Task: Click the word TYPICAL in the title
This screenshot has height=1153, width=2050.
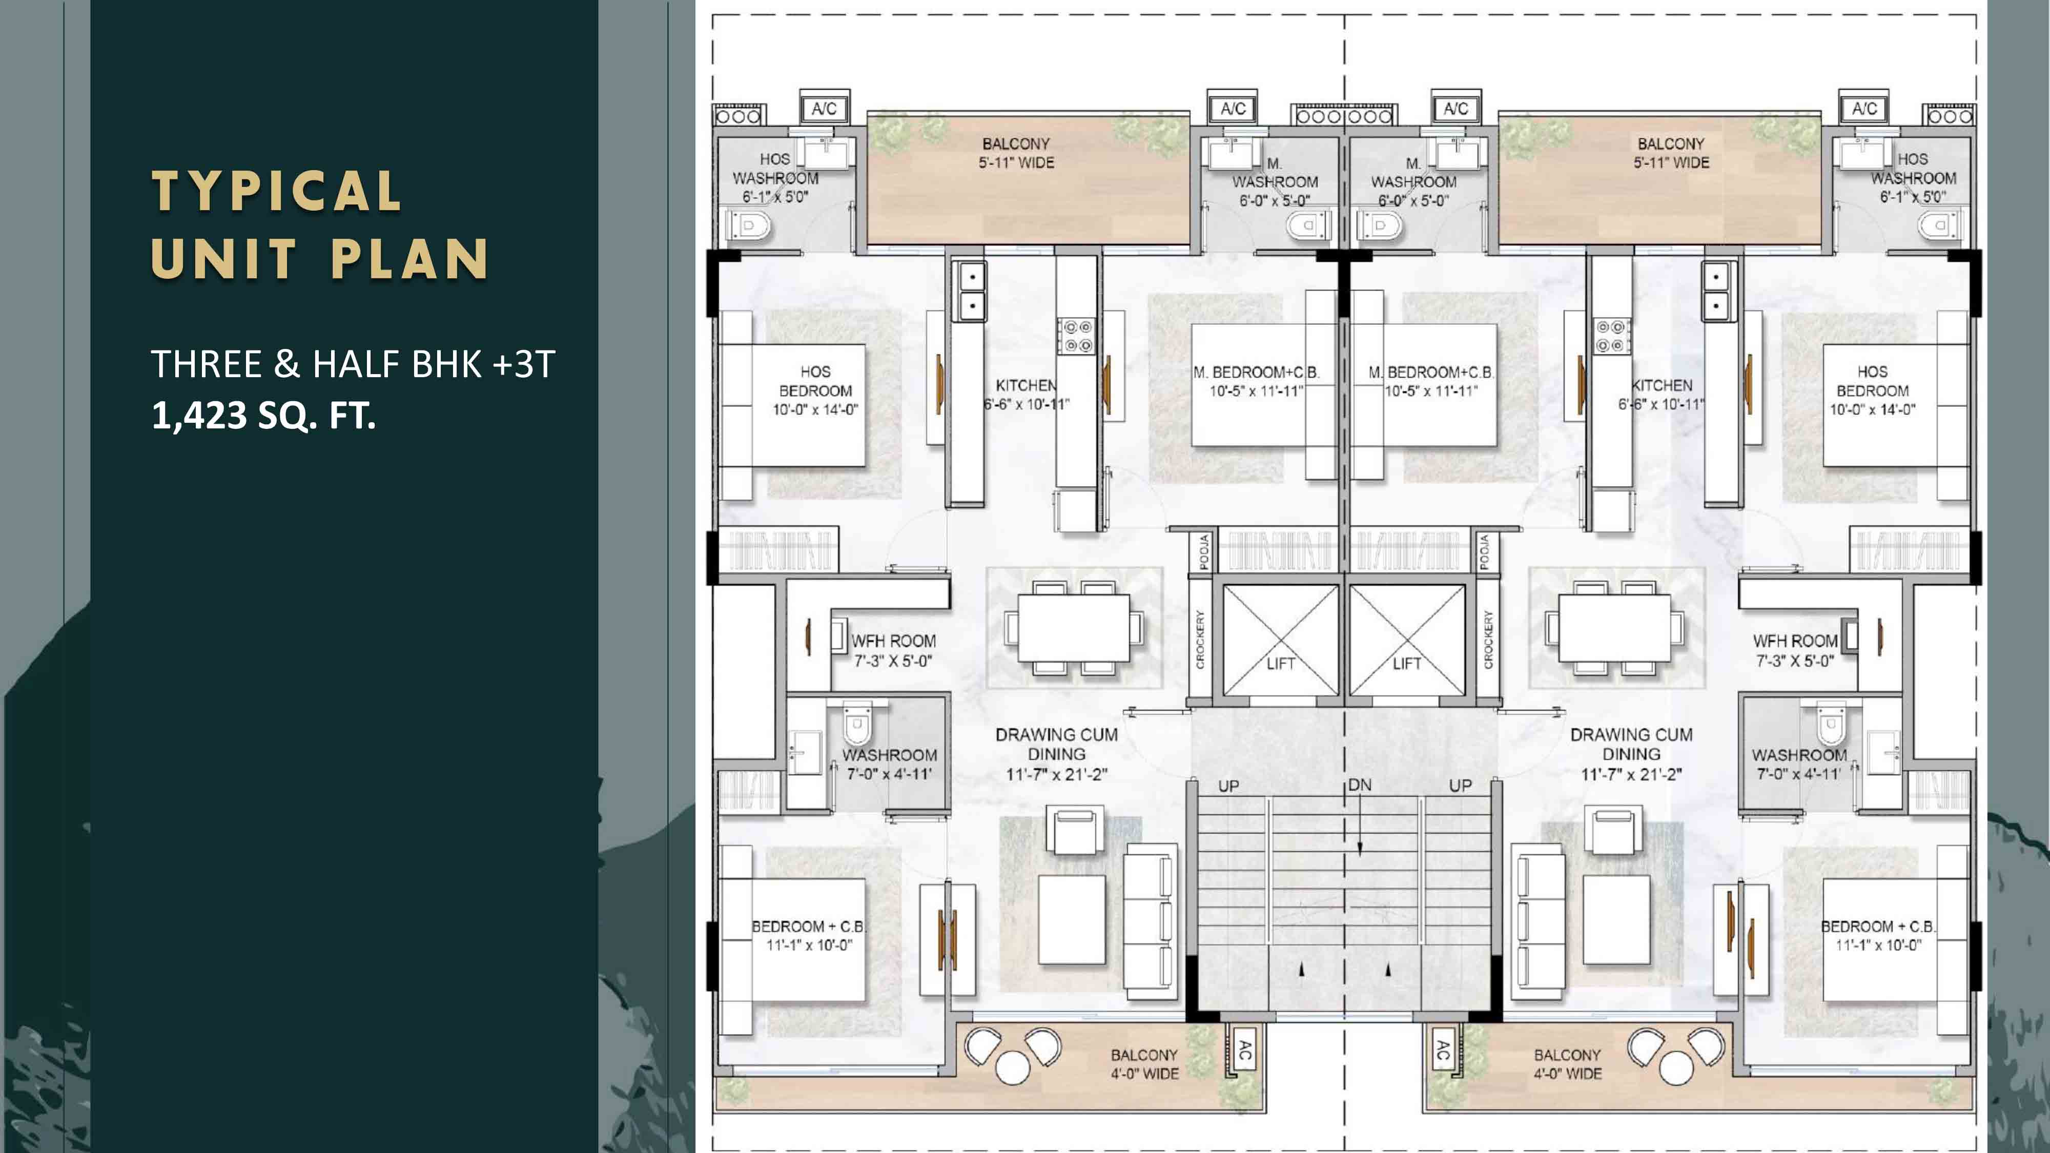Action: (277, 191)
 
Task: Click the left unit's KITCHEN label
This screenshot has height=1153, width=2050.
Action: (1026, 385)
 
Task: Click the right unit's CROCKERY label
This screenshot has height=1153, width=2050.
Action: (1488, 640)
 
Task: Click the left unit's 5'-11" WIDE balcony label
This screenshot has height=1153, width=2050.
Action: (1016, 163)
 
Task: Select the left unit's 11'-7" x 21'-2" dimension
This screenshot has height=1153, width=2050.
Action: (1056, 774)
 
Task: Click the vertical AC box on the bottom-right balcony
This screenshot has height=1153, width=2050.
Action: (1442, 1052)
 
